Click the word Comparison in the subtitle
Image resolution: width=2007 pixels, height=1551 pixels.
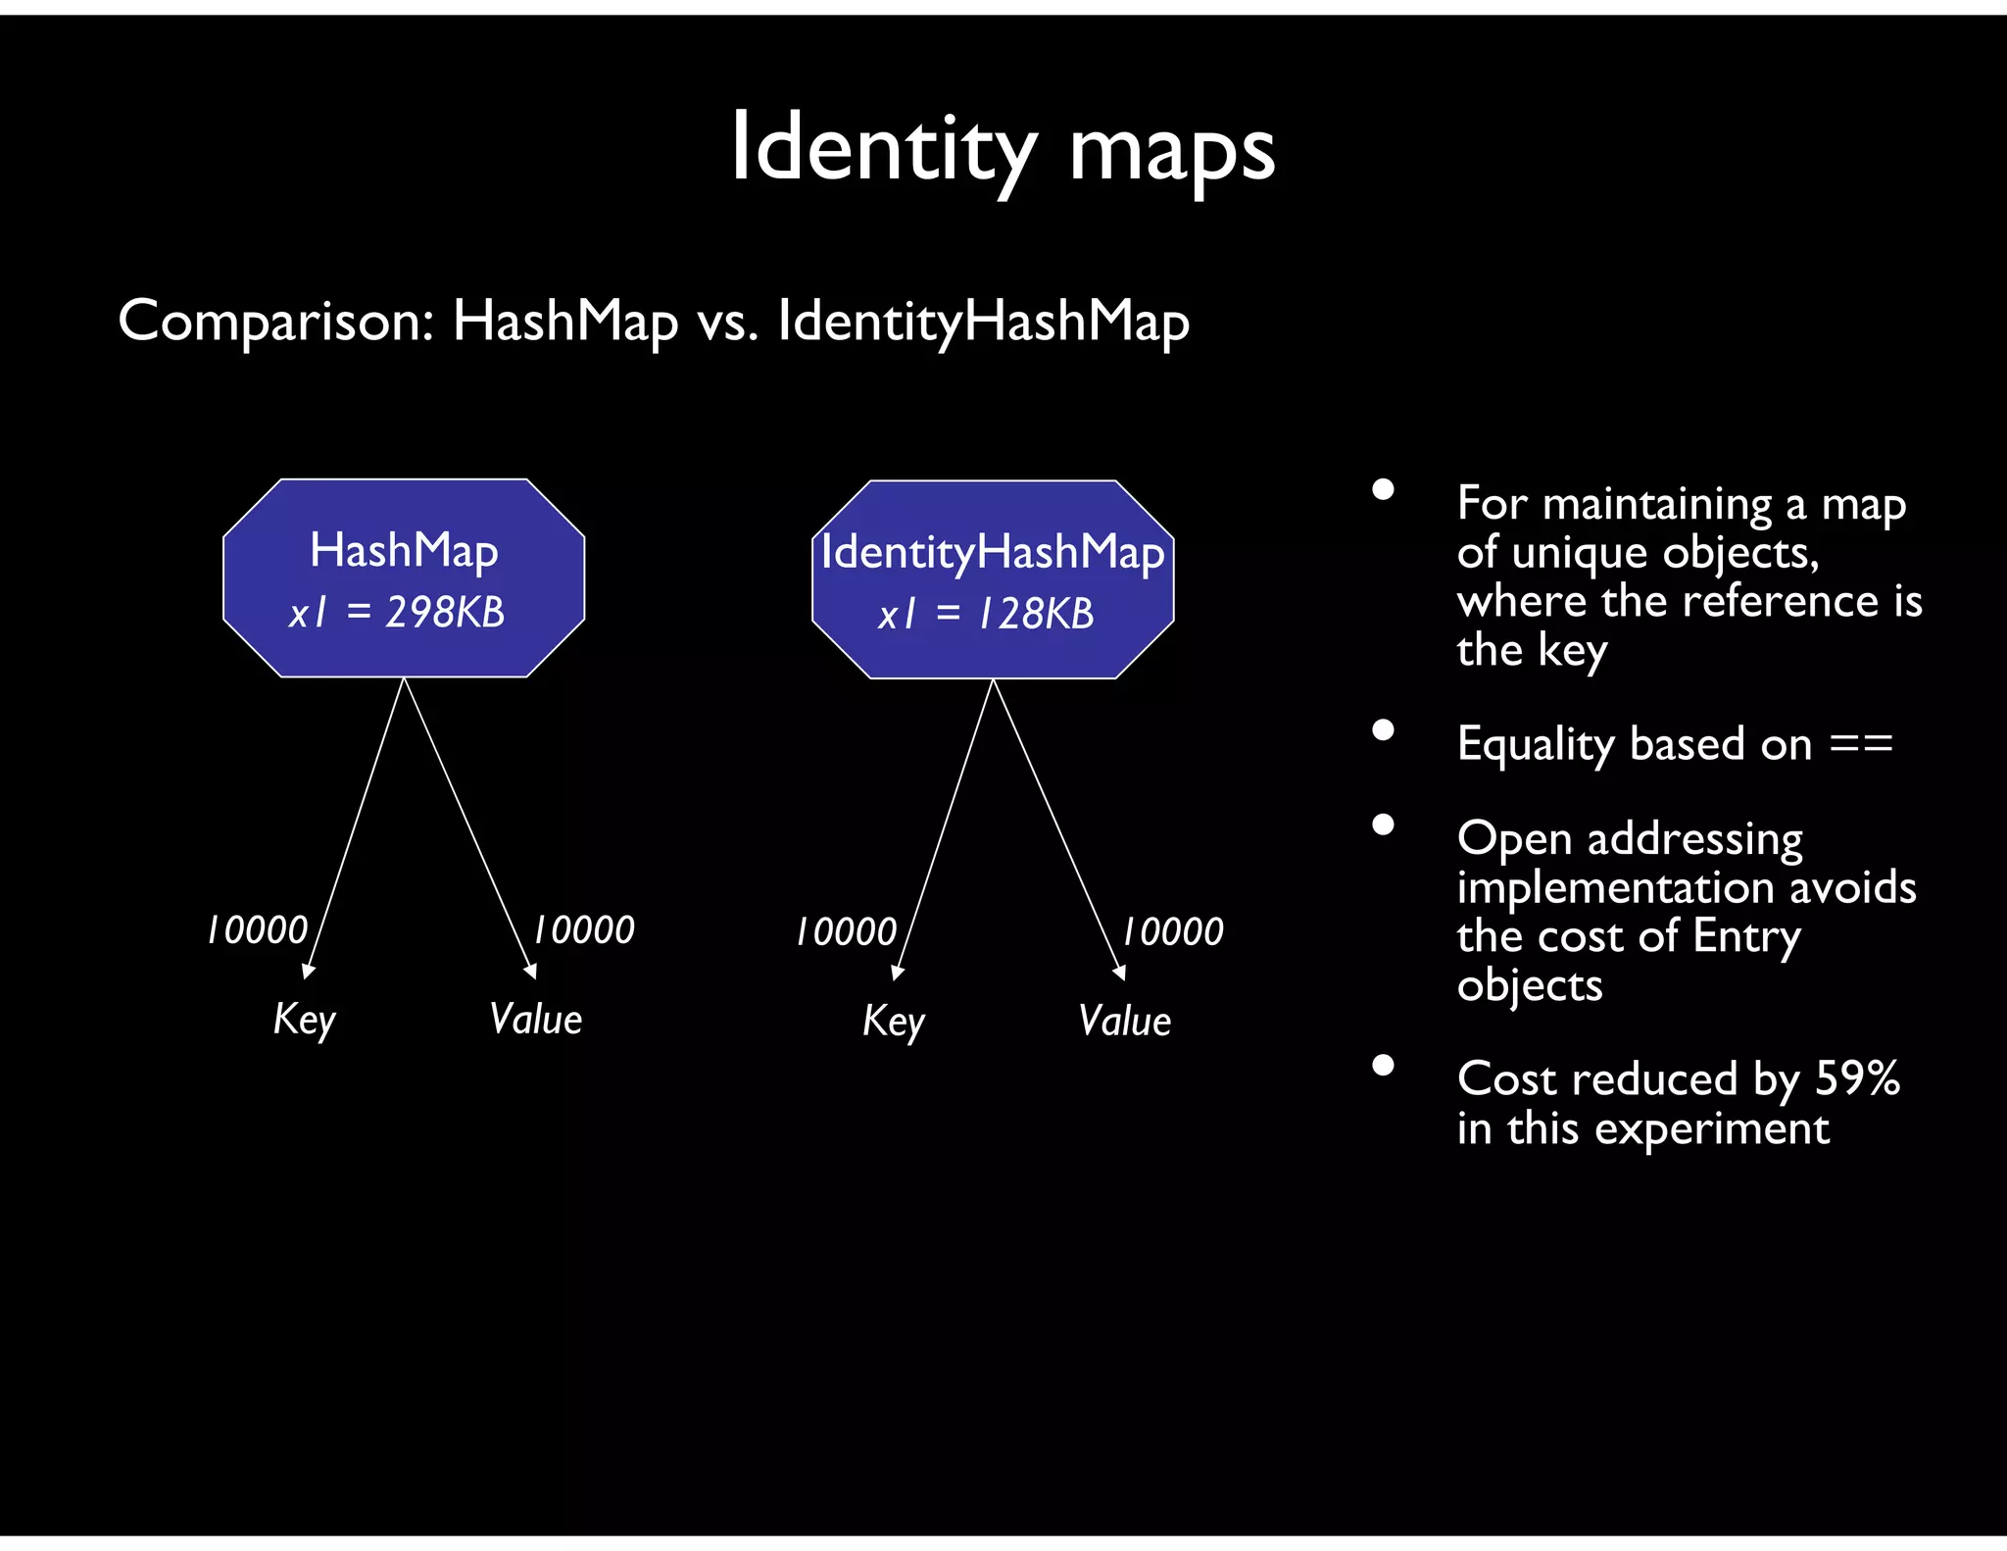tap(275, 321)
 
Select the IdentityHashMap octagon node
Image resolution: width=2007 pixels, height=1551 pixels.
tap(993, 578)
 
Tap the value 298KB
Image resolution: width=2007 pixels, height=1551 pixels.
tap(445, 613)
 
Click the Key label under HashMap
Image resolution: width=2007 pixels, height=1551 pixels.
tap(304, 1019)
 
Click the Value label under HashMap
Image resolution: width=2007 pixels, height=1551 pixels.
tap(535, 1019)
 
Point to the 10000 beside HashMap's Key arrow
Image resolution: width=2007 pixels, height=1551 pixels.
tap(257, 929)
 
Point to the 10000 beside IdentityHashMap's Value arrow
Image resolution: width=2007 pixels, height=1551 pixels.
tap(1172, 931)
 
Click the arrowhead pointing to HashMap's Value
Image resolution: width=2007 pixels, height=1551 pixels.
tap(531, 972)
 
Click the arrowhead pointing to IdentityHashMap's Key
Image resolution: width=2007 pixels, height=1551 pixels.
tap(897, 973)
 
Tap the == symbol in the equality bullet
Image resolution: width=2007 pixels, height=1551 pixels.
tap(1861, 744)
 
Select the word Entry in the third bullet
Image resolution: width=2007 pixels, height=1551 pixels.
tap(1746, 935)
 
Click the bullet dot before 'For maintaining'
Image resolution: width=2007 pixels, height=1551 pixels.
tap(1383, 489)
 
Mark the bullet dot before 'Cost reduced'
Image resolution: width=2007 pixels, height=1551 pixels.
tap(1383, 1065)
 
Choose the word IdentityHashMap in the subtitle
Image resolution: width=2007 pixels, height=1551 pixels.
tap(983, 321)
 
